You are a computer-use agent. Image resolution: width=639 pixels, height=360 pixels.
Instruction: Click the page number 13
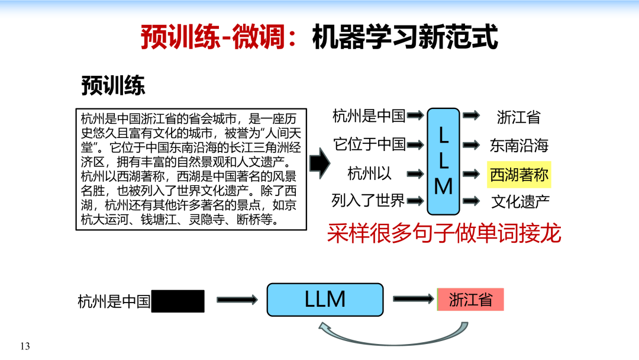[24, 346]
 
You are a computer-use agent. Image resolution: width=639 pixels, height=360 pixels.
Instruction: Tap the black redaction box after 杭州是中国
[178, 301]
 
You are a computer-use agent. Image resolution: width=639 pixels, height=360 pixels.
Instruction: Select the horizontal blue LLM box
[325, 300]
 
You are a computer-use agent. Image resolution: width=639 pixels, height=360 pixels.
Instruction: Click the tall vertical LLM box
[443, 161]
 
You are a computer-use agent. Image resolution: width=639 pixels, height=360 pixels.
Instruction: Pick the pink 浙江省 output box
[470, 300]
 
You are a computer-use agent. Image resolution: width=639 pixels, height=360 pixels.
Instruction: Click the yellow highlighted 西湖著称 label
[519, 175]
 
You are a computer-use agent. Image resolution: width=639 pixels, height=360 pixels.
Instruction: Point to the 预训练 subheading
[113, 86]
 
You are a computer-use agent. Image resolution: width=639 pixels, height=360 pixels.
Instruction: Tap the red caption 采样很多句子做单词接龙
[444, 234]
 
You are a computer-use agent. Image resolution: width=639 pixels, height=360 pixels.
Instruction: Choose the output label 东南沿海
[519, 146]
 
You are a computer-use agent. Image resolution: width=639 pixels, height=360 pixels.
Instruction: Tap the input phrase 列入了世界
[368, 201]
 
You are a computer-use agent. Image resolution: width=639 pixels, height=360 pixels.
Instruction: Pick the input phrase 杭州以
[370, 173]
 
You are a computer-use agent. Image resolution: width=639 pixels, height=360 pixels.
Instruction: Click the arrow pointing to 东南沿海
[471, 145]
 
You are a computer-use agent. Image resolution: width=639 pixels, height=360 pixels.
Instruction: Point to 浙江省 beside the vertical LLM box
[518, 117]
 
